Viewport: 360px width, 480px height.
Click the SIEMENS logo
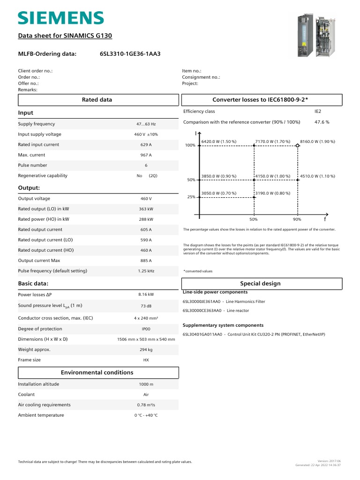pos(60,18)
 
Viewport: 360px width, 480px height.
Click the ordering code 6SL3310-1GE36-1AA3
pos(130,54)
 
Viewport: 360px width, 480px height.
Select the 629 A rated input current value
pos(146,145)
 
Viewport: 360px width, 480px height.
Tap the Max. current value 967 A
pos(146,155)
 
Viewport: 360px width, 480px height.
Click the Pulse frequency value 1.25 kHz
pos(146,271)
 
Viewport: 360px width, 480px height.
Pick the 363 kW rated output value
pos(146,209)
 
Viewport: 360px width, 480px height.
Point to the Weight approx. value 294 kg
pos(146,350)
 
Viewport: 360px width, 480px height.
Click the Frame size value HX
pos(146,360)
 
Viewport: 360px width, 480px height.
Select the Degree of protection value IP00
pos(146,329)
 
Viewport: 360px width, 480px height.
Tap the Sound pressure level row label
pos(50,306)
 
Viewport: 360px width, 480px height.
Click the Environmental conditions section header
pos(97,373)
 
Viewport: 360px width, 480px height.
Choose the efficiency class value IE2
pos(318,112)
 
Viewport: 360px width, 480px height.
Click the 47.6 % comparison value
pos(322,122)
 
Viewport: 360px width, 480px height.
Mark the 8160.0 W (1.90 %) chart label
pos(317,141)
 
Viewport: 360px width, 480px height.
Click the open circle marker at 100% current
pos(297,146)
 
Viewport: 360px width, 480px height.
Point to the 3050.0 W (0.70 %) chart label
pos(218,193)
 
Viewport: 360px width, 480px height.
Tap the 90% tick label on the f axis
pos(297,219)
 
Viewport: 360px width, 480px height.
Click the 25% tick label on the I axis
pos(191,197)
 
